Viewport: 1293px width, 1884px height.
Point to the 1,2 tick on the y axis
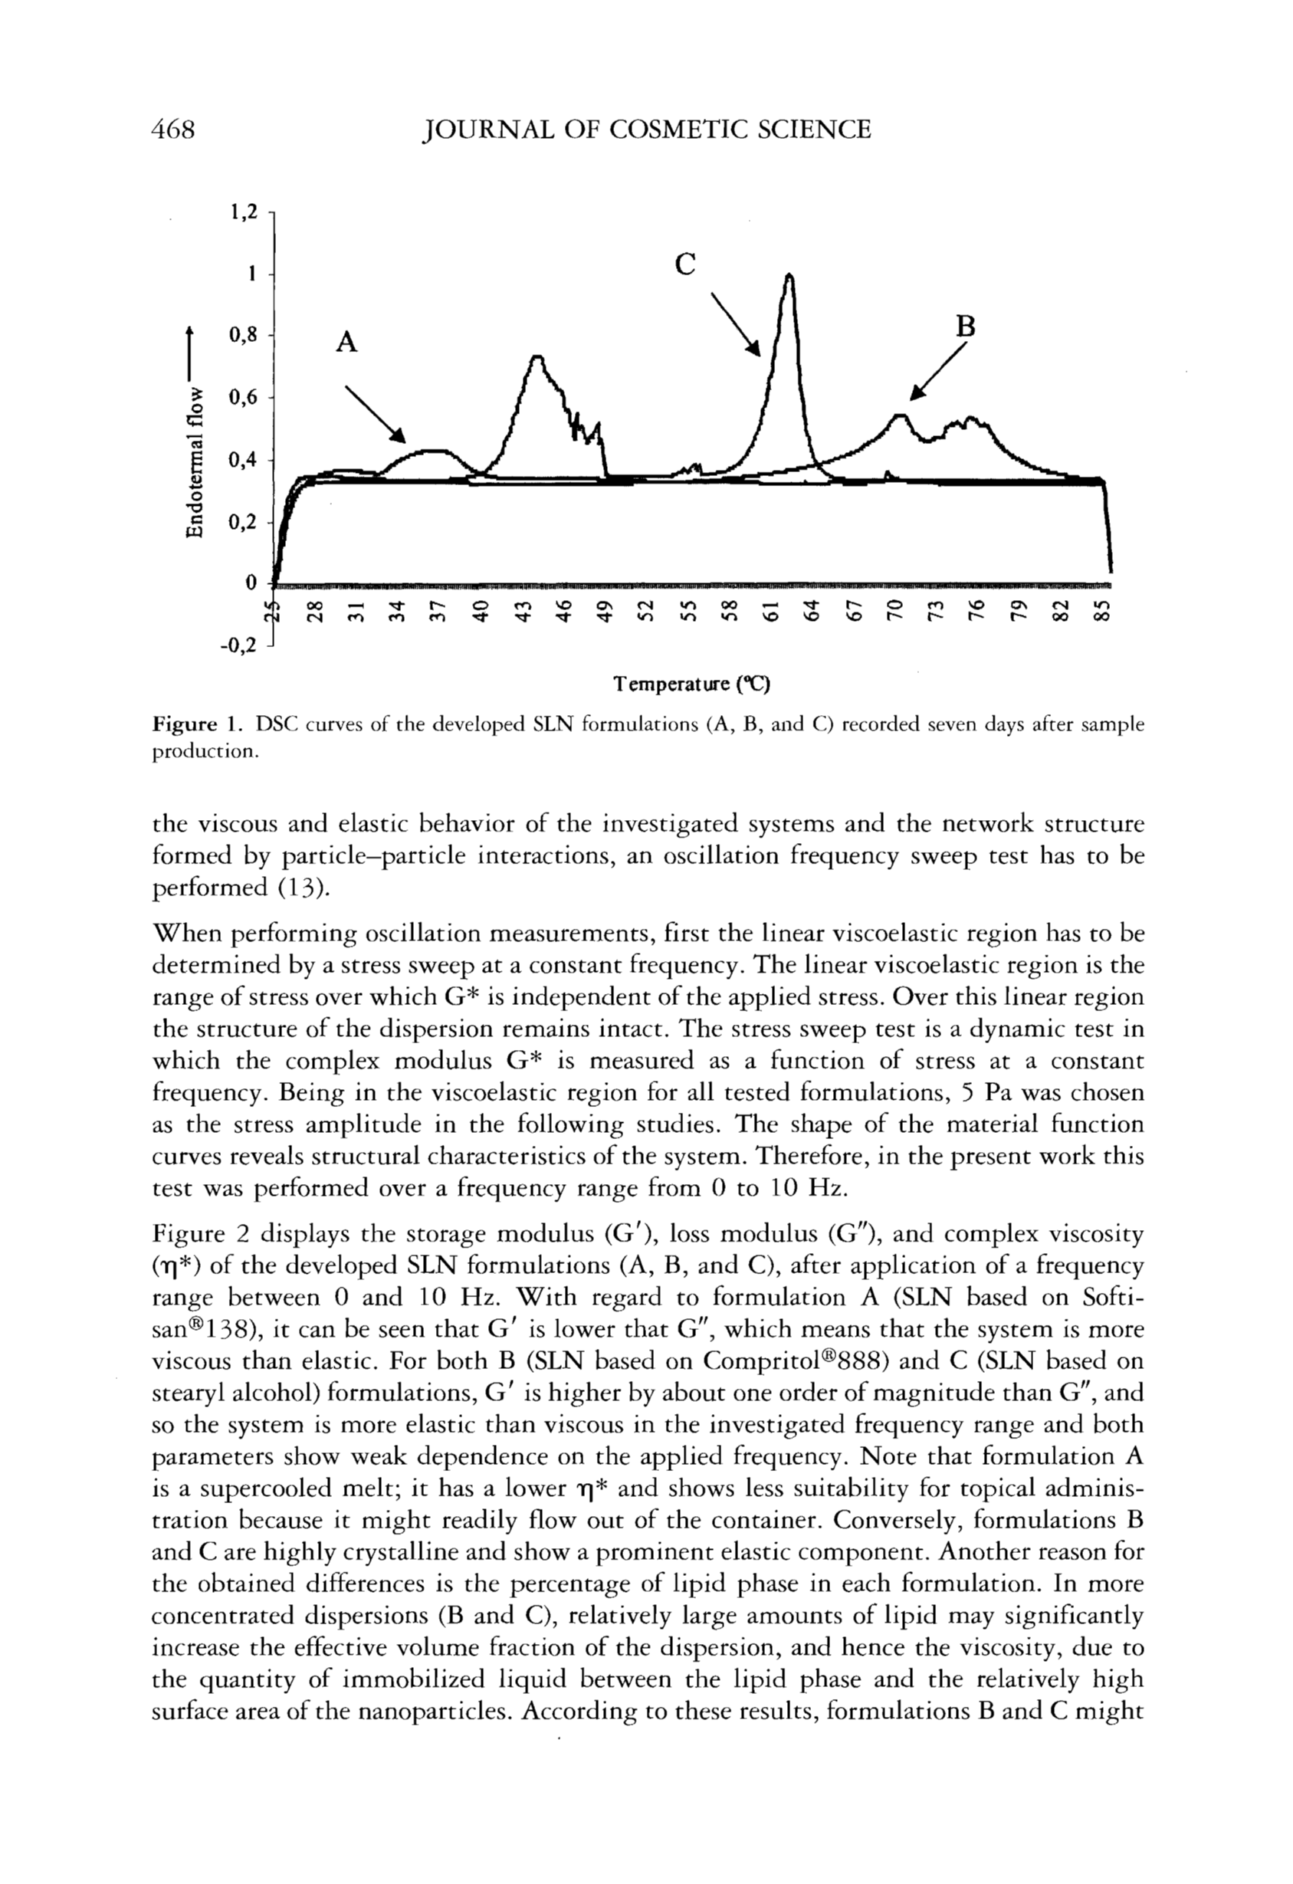(x=244, y=212)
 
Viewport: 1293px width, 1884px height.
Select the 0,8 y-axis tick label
(x=244, y=335)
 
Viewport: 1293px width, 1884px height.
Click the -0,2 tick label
(x=240, y=645)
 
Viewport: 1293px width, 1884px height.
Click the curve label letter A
(x=346, y=343)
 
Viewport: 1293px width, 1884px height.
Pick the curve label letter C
(x=685, y=264)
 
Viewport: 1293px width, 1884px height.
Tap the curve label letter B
(x=965, y=327)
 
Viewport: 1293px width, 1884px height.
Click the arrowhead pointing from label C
(x=755, y=350)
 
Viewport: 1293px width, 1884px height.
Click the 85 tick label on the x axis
(x=1100, y=610)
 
